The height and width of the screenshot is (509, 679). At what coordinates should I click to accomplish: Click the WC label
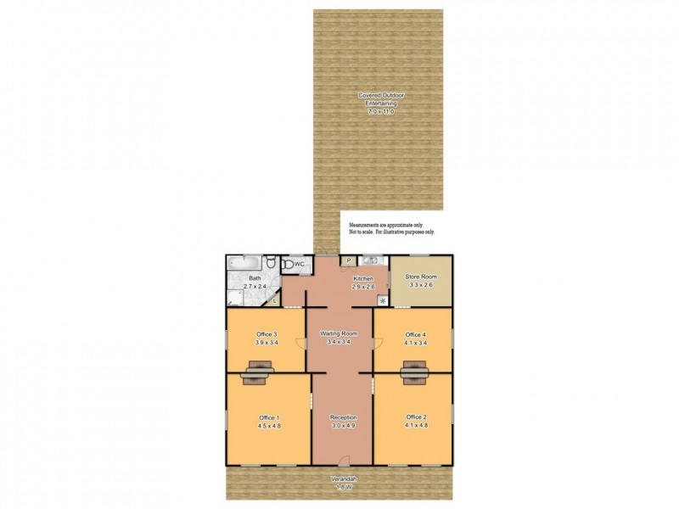tap(299, 265)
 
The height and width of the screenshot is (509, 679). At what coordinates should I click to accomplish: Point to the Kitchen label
tap(363, 278)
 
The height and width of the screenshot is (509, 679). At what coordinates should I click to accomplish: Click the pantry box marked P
tap(349, 260)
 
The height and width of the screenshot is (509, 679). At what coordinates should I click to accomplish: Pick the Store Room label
tap(421, 277)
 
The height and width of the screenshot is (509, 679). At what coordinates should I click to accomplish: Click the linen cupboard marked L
tap(274, 299)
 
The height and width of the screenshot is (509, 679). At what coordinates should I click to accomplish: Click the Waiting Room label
tap(339, 334)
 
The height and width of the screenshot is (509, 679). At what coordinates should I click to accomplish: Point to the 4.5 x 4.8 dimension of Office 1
tap(267, 426)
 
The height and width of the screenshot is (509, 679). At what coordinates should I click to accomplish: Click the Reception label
tap(343, 417)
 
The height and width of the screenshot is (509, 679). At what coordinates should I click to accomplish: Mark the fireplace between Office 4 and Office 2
tap(414, 371)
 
